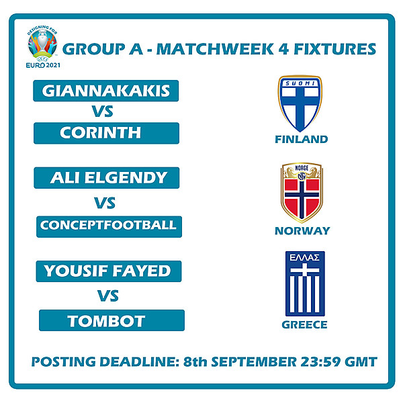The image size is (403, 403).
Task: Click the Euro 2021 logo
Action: [43, 44]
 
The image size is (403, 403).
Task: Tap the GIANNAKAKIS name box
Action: [106, 91]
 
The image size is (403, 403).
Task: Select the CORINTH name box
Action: [106, 133]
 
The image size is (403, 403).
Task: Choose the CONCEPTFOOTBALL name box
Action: [108, 226]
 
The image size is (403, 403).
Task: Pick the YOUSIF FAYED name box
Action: [107, 271]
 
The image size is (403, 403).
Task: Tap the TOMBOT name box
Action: [111, 320]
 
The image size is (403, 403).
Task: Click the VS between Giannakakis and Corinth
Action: [104, 111]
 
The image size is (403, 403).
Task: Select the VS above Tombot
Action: [108, 296]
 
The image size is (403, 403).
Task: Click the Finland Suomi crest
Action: [300, 103]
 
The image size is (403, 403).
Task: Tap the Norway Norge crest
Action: [301, 193]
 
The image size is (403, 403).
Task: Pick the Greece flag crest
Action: [305, 284]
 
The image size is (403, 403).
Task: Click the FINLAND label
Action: [301, 140]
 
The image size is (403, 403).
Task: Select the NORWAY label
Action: [302, 231]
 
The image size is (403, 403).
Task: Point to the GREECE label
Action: [305, 325]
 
